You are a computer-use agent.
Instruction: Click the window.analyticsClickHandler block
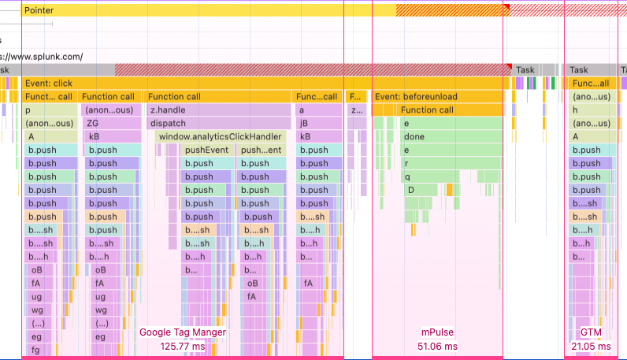tap(220, 137)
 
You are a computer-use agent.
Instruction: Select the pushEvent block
tap(207, 150)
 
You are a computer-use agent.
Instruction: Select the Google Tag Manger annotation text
tap(183, 332)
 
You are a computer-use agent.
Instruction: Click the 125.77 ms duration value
tap(183, 346)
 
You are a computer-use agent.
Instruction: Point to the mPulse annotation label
tap(437, 332)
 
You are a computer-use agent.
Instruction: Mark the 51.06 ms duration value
tap(437, 346)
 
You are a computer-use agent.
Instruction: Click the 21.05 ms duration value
tap(591, 346)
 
